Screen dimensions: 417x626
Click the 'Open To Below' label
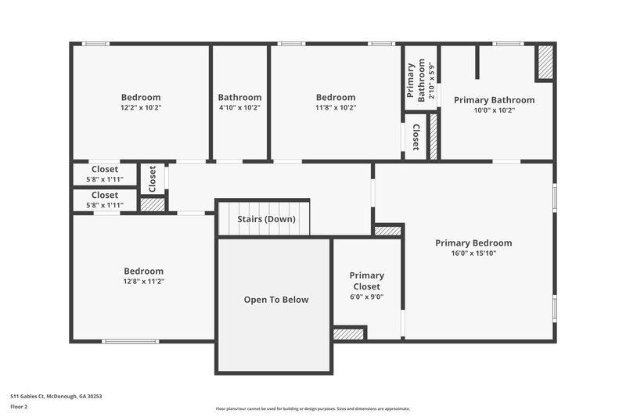275,300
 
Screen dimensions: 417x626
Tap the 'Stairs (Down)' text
266,219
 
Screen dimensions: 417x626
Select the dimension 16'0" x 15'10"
473,253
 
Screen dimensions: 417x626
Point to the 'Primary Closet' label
366,281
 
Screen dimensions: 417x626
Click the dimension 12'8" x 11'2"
142,281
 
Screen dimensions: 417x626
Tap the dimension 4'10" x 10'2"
239,108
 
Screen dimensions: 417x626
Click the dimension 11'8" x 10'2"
336,108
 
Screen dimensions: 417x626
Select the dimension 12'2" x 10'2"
141,108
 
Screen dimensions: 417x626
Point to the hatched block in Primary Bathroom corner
545,62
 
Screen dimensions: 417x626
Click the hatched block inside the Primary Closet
348,334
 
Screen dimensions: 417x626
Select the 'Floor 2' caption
20,407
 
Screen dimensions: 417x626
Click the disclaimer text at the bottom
312,408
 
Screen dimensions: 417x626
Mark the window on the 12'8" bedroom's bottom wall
130,341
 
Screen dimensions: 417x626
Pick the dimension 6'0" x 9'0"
366,297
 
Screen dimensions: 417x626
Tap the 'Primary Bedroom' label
473,243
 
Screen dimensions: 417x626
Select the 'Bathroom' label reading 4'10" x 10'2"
239,98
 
